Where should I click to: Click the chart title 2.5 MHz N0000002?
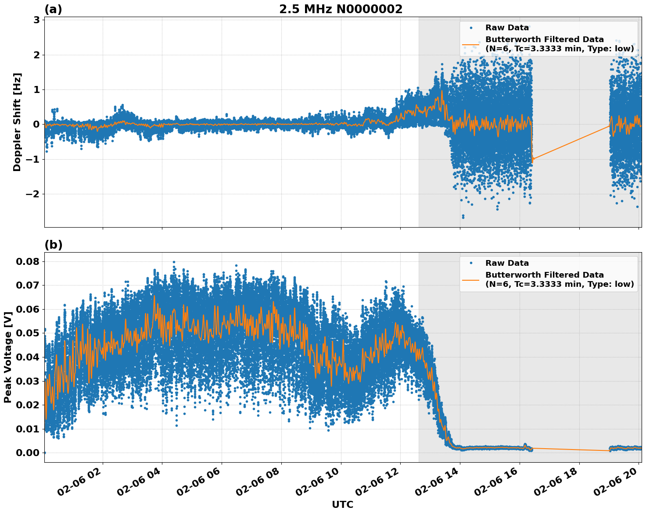pos(341,9)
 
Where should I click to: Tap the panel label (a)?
pos(53,9)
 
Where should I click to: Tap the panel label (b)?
pos(53,245)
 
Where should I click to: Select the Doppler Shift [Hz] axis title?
pos(17,122)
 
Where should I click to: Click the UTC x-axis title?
pos(342,504)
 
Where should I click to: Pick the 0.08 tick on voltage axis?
pos(27,261)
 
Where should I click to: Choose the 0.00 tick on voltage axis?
pos(27,453)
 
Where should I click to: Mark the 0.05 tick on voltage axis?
pos(27,333)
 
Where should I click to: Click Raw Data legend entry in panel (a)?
pos(507,28)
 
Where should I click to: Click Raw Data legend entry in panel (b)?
pos(507,263)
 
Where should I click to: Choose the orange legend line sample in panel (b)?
pos(471,279)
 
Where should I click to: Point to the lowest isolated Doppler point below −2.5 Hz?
pos(463,217)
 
